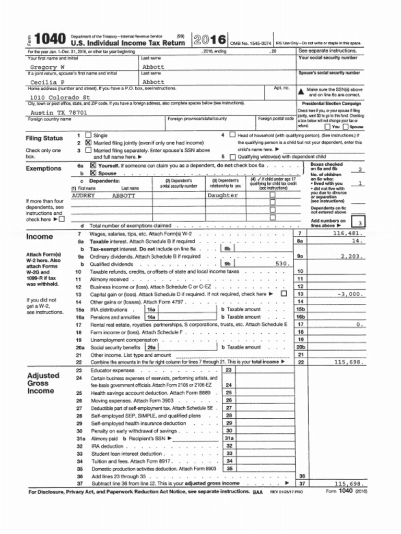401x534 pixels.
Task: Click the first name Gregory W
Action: [x=47, y=67]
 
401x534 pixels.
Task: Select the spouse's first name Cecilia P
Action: [x=47, y=82]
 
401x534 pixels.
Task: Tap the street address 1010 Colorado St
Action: [x=60, y=97]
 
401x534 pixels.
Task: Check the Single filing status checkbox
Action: [x=88, y=135]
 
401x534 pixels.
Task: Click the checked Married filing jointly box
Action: [x=88, y=142]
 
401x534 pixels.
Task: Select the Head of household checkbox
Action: [x=232, y=135]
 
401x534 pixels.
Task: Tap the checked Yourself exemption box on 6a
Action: [x=93, y=165]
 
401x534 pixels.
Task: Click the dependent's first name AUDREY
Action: [x=83, y=196]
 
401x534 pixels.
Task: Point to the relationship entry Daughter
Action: [x=222, y=196]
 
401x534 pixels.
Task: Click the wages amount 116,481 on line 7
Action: [x=348, y=234]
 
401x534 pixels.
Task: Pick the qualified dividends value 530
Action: [x=282, y=264]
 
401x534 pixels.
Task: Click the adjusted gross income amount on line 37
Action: [x=348, y=484]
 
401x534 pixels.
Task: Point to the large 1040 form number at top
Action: [x=50, y=39]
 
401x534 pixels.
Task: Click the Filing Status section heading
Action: [x=44, y=138]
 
